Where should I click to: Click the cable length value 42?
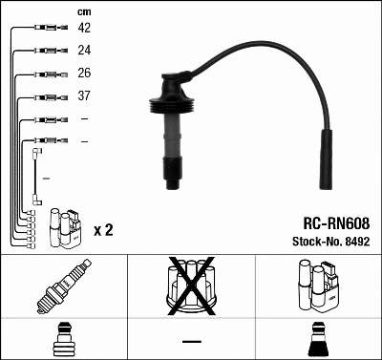(84, 29)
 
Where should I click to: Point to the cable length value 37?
(84, 97)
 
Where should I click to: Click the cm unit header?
(82, 11)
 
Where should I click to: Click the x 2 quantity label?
(104, 230)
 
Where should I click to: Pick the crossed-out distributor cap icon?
(191, 286)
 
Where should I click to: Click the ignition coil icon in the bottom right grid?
(318, 286)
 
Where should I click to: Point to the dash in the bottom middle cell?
(191, 341)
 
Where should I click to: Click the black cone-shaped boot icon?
(318, 339)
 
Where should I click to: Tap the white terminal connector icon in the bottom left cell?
(63, 339)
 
